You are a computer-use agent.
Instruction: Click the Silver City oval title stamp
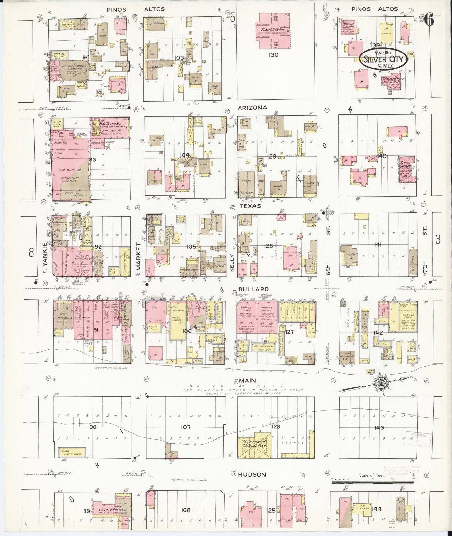coord(383,59)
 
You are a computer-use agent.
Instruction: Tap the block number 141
coord(378,245)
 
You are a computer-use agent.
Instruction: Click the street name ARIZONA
coord(252,108)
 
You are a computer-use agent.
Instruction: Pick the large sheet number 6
coord(429,20)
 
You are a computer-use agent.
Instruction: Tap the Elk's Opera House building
coord(109,128)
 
